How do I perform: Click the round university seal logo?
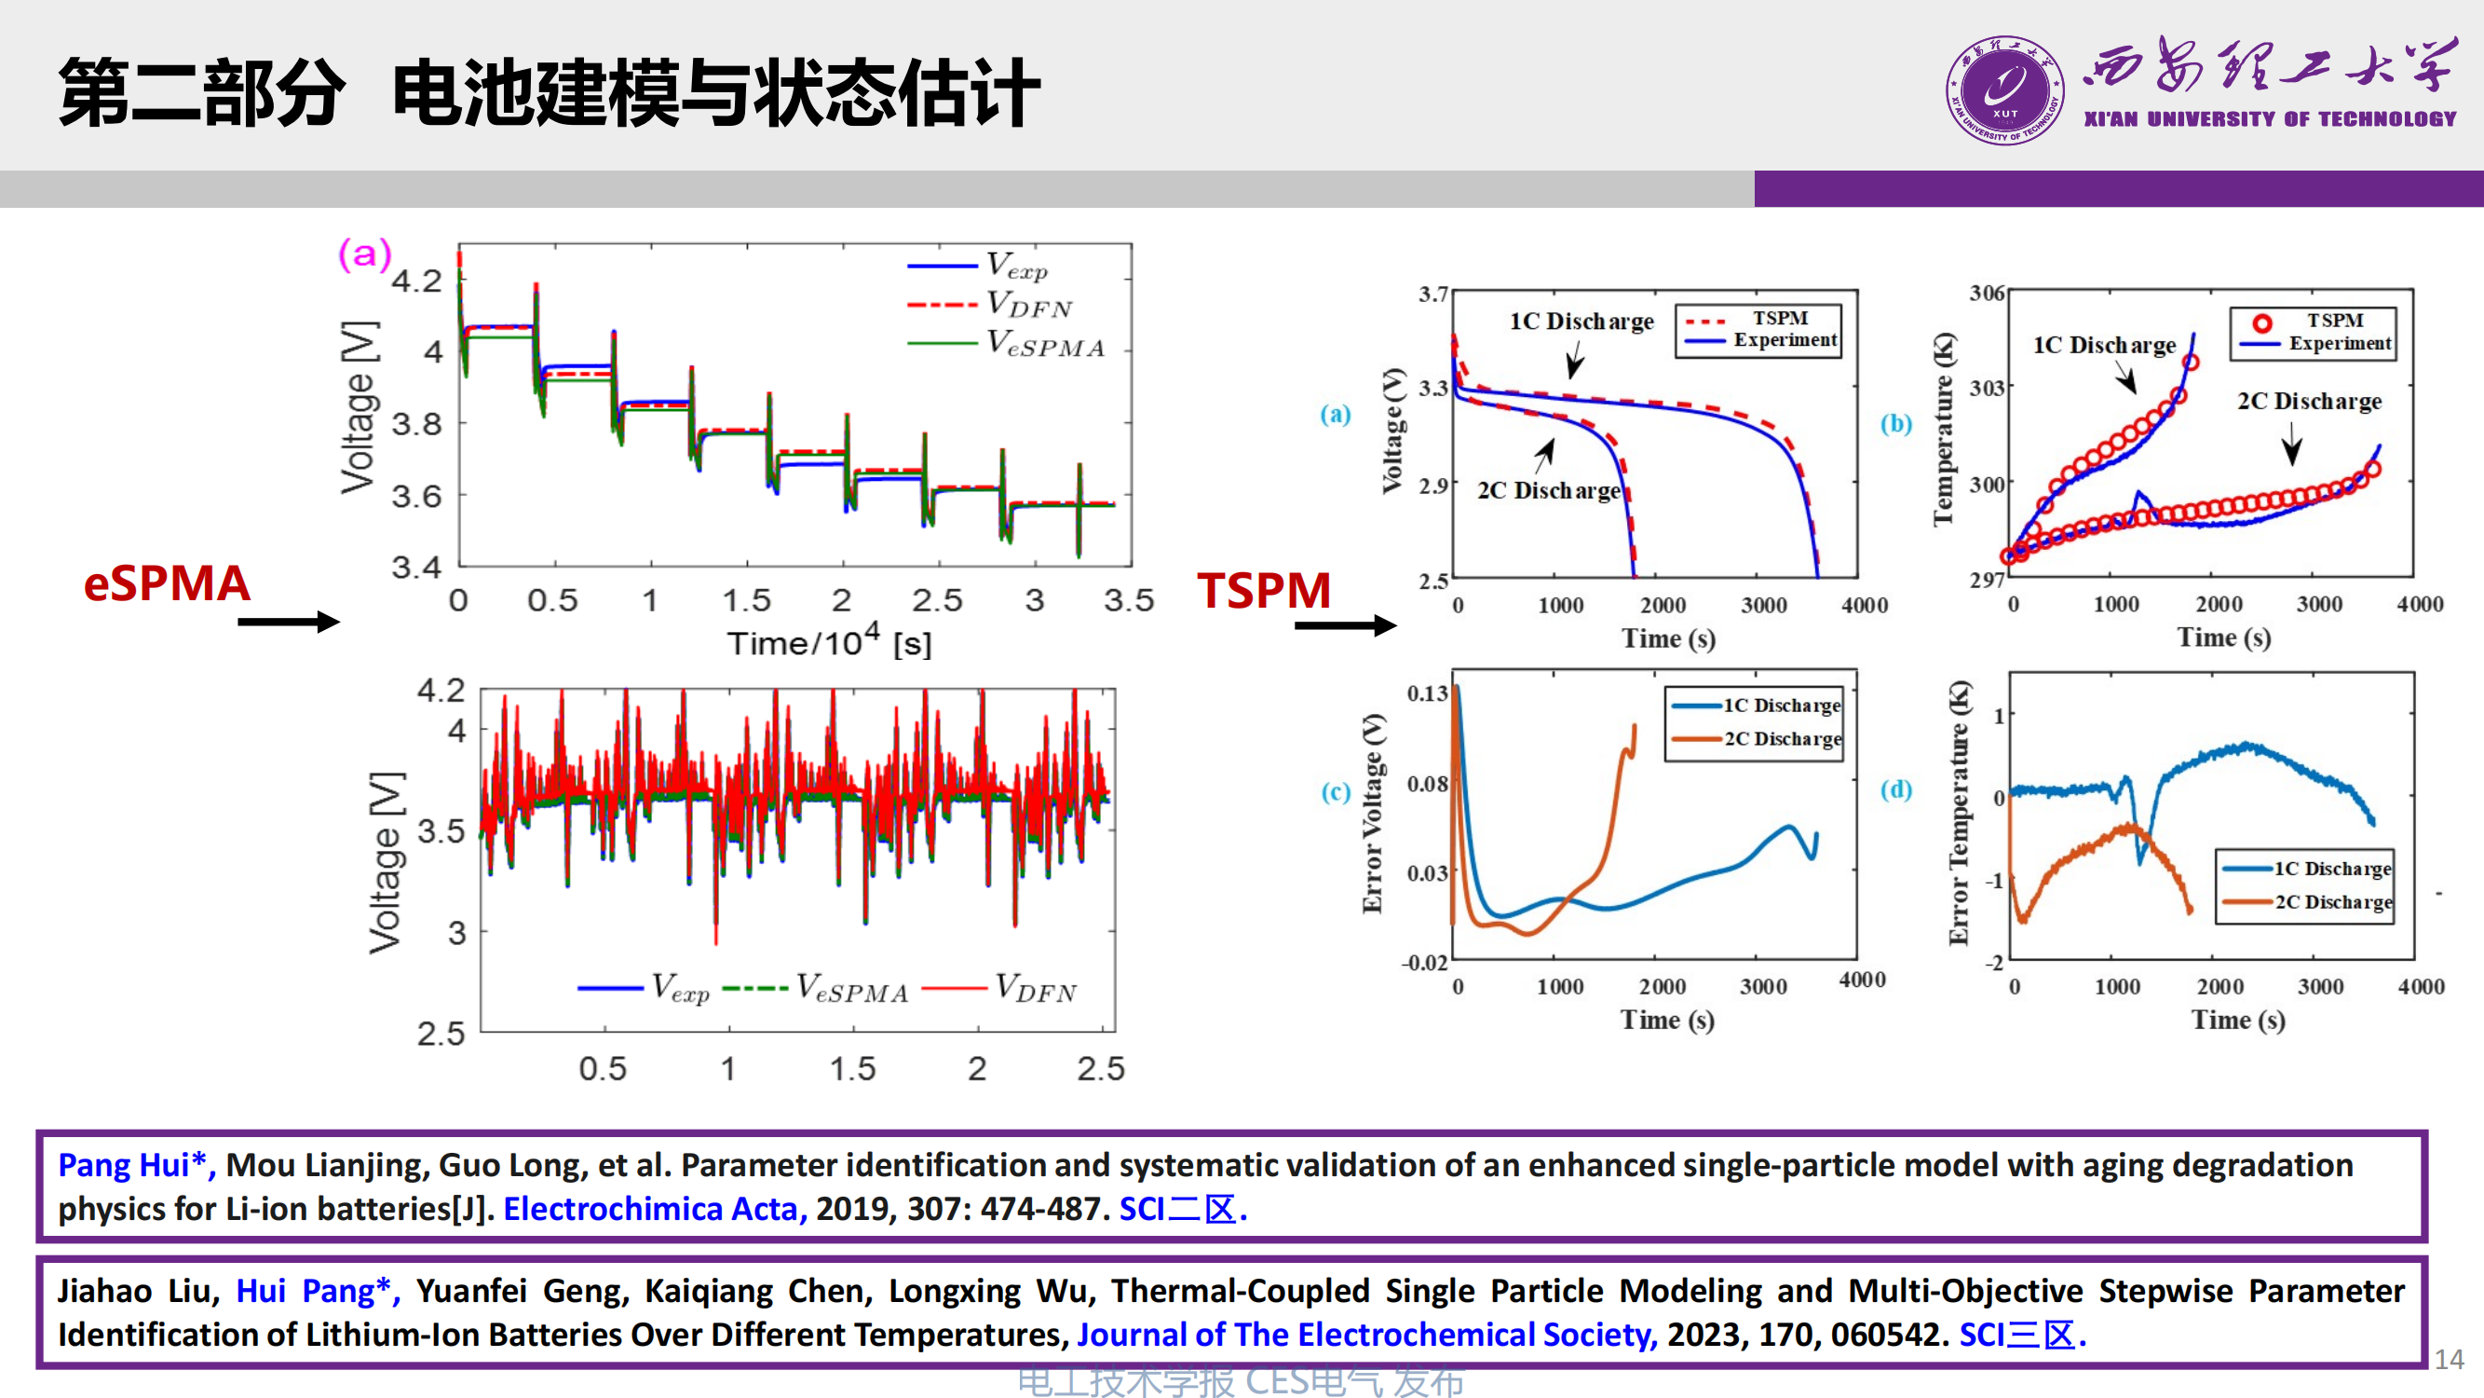2004,90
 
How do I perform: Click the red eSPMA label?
167,583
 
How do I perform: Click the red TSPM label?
1263,590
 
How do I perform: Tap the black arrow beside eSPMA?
289,622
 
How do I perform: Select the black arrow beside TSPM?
1344,625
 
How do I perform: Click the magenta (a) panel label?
364,254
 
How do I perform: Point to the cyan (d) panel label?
1895,789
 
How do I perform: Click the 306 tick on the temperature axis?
1987,293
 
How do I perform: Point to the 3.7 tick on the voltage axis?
1432,294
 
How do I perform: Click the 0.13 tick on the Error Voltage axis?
1427,692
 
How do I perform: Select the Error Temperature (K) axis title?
1959,813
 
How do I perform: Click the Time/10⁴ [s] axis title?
829,640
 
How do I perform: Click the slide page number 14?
2449,1360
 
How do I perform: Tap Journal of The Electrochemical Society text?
1366,1335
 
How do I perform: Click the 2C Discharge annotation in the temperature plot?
2309,401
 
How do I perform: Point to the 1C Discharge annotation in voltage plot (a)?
1581,322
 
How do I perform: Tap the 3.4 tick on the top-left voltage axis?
415,567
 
